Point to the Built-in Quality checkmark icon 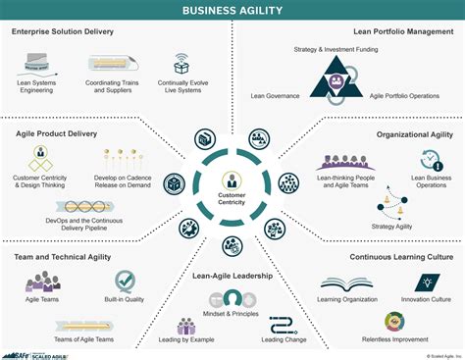coord(126,282)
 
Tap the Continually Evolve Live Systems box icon coord(181,68)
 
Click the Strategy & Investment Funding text coord(336,48)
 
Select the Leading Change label coord(283,339)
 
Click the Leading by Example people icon coord(186,325)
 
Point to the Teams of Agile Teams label coord(77,338)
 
